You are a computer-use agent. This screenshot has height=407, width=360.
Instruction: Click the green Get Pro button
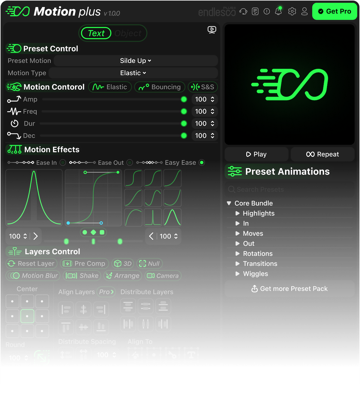[x=334, y=11]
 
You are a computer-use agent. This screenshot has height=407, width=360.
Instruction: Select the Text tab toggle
[x=96, y=33]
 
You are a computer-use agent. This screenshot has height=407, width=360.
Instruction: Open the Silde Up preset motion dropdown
[x=136, y=61]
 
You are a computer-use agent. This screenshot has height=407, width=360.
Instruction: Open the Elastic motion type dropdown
[x=133, y=73]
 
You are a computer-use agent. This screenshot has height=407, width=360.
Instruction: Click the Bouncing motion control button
[x=160, y=87]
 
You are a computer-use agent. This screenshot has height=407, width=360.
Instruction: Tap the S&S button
[x=203, y=87]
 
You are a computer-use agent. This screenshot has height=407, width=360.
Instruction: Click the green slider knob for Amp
[x=184, y=99]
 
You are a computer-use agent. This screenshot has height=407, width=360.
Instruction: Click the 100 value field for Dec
[x=201, y=136]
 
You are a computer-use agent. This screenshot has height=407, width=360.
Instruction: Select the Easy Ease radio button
[x=202, y=163]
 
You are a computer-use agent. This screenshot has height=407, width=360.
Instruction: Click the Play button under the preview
[x=256, y=154]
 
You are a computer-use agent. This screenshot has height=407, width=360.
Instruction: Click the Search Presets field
[x=289, y=189]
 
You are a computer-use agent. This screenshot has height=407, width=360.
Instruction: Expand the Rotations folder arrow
[x=237, y=254]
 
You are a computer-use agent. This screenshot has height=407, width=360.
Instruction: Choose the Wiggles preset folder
[x=255, y=274]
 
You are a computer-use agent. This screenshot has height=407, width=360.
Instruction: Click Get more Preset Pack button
[x=289, y=289]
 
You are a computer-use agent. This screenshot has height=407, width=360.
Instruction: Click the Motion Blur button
[x=33, y=276]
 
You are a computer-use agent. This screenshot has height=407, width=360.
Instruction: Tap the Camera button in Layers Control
[x=163, y=276]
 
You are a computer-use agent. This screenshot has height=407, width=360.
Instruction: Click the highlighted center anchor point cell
[x=27, y=316]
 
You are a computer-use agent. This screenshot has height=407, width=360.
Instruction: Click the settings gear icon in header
[x=292, y=11]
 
